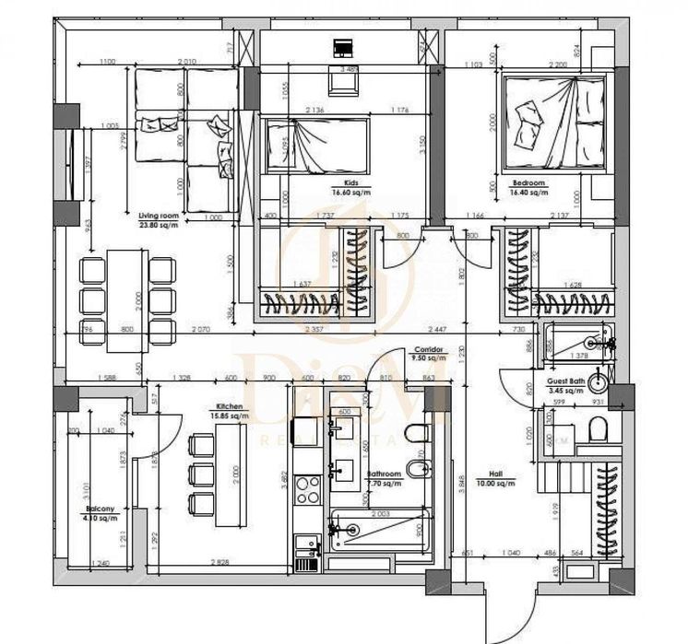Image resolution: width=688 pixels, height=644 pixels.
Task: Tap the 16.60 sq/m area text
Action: [350, 193]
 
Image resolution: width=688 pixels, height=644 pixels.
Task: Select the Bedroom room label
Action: [529, 184]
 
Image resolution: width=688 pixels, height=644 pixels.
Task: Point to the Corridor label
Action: [430, 350]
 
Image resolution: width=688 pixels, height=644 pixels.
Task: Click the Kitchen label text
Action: [229, 405]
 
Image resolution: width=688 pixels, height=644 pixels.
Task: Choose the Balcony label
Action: [100, 509]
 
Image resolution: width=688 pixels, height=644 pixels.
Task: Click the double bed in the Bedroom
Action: [553, 124]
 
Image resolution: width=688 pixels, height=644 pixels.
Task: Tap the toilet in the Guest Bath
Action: [599, 428]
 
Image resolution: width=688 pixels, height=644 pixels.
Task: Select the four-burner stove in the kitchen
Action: [307, 489]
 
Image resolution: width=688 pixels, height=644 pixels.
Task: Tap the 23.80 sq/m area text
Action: [159, 223]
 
